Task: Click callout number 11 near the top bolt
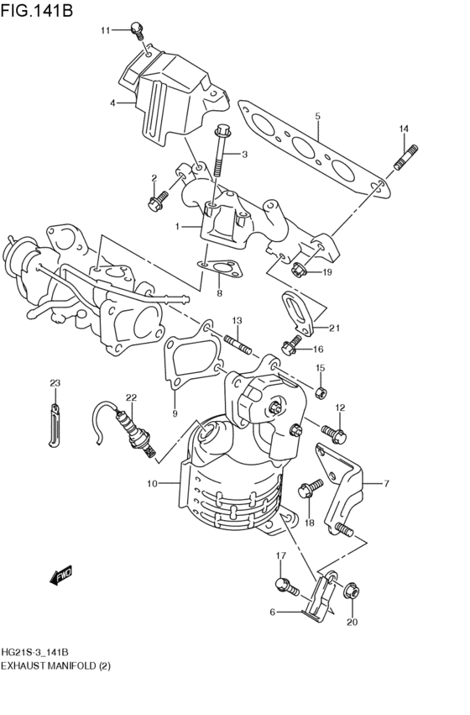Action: click(x=106, y=31)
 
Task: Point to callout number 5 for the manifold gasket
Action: click(x=318, y=116)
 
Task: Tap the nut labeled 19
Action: click(x=299, y=270)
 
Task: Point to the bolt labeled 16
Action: click(x=291, y=345)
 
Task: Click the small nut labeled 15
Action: click(x=320, y=392)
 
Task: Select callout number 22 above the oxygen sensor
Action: click(x=131, y=397)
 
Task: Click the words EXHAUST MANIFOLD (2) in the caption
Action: click(x=56, y=665)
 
